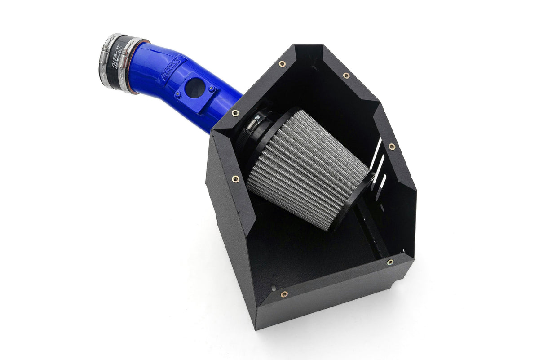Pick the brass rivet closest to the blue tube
[x=235, y=113]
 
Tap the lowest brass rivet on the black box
[x=284, y=294]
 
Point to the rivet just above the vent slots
[x=391, y=147]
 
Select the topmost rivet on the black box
[x=282, y=64]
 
